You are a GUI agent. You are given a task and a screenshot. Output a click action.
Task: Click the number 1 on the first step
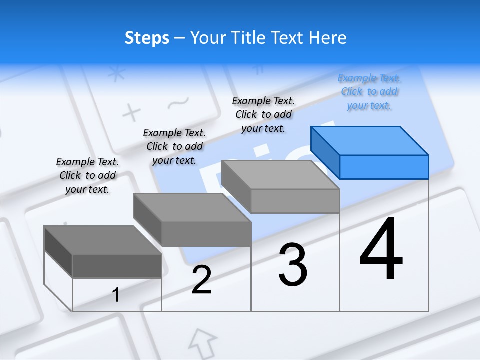116,295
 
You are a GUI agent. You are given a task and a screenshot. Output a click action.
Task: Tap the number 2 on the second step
201,280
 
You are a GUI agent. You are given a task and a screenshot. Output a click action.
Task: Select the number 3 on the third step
293,265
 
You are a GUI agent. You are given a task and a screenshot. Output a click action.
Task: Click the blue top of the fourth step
369,140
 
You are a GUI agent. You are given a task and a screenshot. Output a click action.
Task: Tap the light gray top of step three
280,174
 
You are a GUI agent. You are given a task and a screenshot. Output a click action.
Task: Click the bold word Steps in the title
147,38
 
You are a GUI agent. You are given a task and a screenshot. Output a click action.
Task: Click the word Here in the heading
328,38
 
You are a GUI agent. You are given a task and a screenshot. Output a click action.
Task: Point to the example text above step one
87,175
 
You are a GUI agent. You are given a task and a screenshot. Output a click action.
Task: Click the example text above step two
174,146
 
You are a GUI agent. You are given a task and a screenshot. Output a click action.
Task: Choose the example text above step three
263,114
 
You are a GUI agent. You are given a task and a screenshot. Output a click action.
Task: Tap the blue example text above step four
369,91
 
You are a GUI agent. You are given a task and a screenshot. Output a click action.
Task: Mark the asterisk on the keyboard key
117,74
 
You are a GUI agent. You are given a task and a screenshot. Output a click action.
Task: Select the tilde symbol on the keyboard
178,103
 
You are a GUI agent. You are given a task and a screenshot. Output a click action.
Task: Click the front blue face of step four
384,167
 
